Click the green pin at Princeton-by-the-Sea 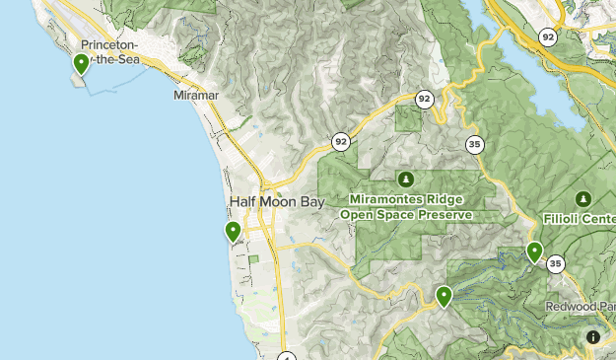81,64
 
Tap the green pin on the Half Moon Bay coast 234,232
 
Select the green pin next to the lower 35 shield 535,252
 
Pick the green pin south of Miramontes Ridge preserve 445,295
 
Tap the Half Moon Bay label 276,201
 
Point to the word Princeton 109,45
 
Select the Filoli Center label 579,218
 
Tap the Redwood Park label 581,308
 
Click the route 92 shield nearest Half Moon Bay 340,140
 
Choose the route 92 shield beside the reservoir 547,36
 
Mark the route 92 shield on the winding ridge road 425,99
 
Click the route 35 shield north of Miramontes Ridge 475,144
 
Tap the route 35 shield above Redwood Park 556,263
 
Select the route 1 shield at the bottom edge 286,356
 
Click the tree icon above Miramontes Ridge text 404,179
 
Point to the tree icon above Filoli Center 583,198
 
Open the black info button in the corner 592,336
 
